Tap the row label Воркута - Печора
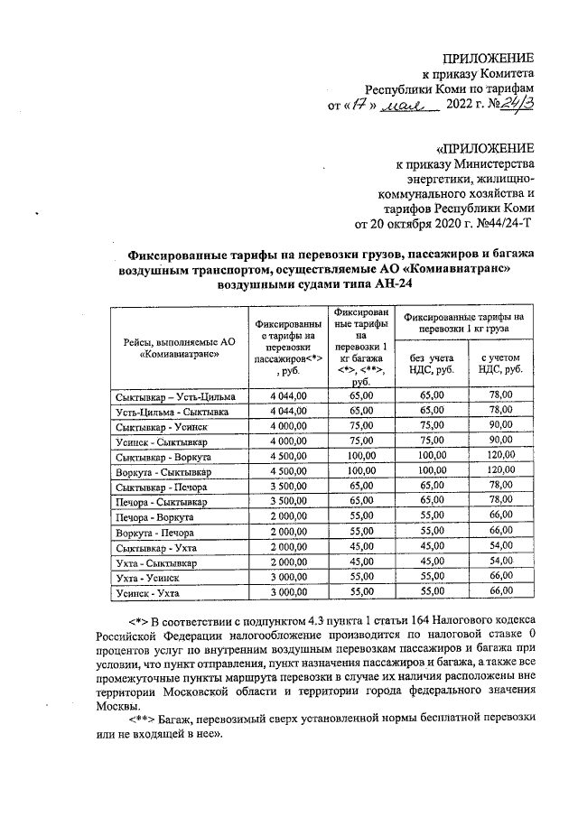(154, 532)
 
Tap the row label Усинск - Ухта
(147, 592)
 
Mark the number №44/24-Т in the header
(501, 226)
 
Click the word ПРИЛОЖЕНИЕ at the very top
(490, 58)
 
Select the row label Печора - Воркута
(154, 516)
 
